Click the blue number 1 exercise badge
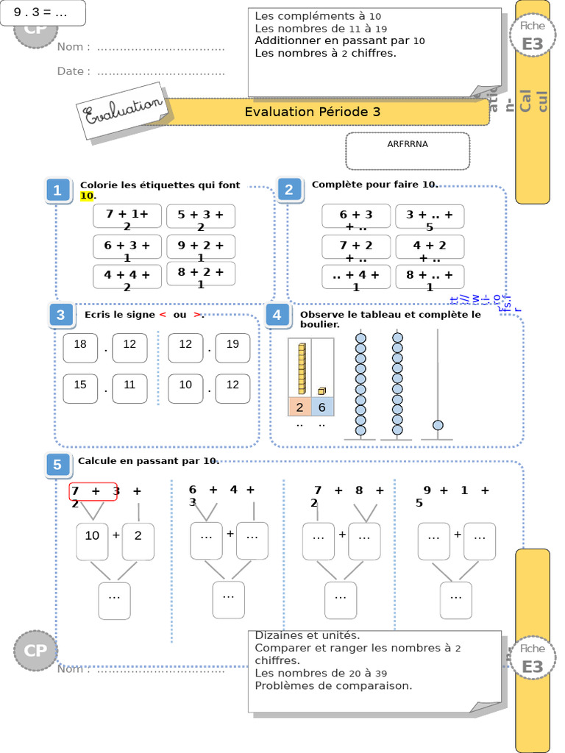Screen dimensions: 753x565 (57, 190)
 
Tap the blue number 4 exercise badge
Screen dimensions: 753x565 (277, 316)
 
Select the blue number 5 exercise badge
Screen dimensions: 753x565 (57, 465)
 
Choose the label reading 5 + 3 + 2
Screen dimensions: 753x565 (201, 217)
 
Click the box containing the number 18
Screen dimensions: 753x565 (80, 348)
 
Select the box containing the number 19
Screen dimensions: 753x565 (232, 348)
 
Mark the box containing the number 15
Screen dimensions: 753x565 (80, 388)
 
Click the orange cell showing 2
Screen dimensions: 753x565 (299, 407)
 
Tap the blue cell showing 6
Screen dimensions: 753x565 (321, 407)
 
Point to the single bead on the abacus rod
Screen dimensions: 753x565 (438, 425)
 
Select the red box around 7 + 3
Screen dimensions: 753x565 (93, 491)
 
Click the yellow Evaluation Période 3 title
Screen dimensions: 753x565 (313, 112)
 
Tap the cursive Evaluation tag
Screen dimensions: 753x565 (123, 112)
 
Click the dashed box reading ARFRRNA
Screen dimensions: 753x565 (408, 151)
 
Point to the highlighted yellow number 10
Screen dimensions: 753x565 (87, 196)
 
